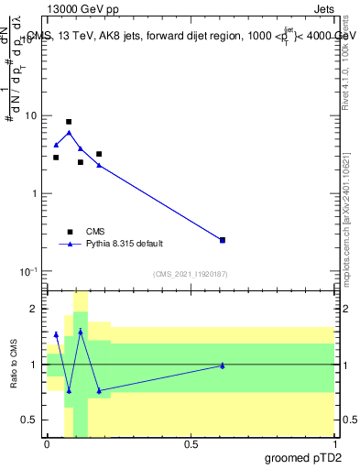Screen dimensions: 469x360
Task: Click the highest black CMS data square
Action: click(69, 122)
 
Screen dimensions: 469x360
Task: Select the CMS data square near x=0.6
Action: click(223, 240)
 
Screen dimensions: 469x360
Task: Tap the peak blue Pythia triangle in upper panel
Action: click(69, 133)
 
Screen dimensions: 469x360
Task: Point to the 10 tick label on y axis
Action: click(31, 116)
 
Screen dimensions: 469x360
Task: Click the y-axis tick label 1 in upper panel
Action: click(34, 194)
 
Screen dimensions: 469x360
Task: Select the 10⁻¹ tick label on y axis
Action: click(28, 272)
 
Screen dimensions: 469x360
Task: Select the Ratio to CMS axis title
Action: click(14, 365)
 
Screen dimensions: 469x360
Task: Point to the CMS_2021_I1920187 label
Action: click(191, 274)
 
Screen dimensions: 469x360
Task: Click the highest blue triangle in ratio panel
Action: click(81, 332)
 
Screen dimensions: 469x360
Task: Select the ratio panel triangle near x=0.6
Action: click(223, 365)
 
